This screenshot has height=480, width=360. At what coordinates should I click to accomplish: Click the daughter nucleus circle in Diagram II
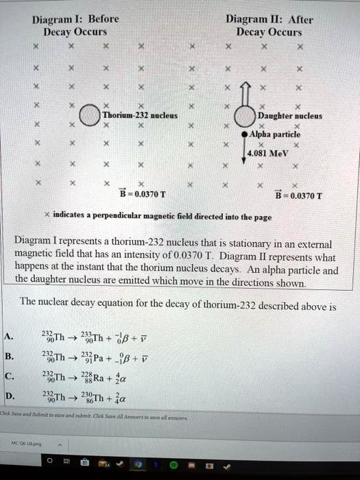245,117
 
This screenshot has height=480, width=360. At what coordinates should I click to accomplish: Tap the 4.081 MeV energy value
269,154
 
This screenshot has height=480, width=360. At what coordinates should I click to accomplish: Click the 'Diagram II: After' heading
269,19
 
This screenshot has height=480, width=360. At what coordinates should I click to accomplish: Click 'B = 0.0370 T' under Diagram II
298,193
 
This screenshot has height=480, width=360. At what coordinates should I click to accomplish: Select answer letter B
8,356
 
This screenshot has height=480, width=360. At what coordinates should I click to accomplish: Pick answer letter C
8,376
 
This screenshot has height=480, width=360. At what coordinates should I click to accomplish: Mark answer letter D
8,396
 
